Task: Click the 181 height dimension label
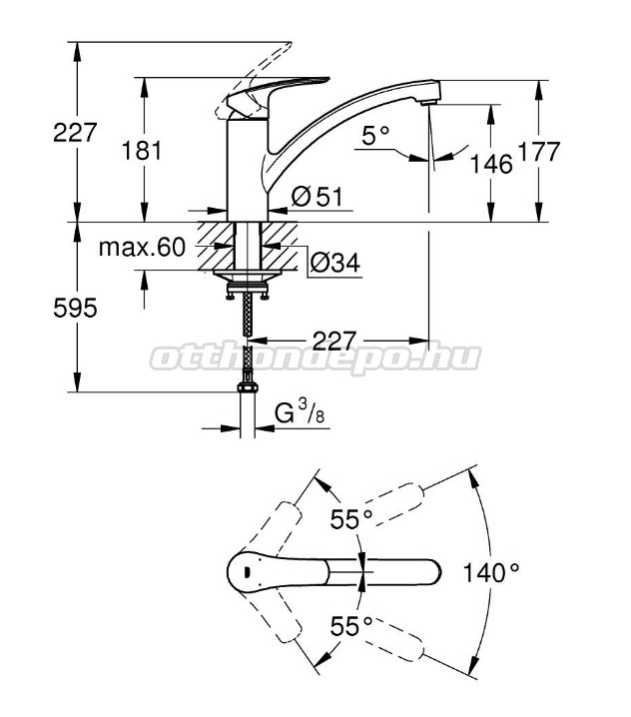click(x=142, y=151)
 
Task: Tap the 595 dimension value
click(x=75, y=308)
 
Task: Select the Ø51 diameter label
click(x=316, y=197)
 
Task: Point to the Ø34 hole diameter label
click(x=335, y=263)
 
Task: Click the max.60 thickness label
click(x=142, y=248)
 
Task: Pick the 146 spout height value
click(x=491, y=164)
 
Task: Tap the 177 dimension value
click(x=538, y=152)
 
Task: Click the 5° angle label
click(x=375, y=136)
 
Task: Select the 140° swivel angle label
click(x=491, y=572)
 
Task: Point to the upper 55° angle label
click(x=351, y=518)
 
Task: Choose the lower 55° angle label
click(x=351, y=626)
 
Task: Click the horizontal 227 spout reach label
click(x=334, y=341)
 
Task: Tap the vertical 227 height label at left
click(x=75, y=133)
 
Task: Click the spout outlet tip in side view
click(x=428, y=103)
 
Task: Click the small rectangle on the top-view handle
click(x=247, y=572)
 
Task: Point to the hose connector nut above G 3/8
click(x=248, y=387)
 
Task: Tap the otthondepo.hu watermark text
click(x=315, y=358)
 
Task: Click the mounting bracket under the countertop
click(x=247, y=284)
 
